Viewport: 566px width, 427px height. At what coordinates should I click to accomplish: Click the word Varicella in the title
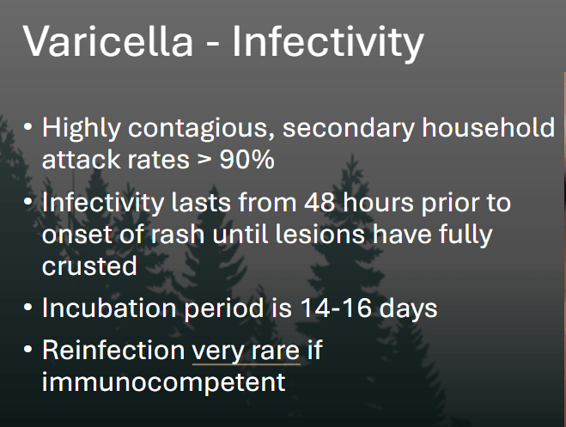108,40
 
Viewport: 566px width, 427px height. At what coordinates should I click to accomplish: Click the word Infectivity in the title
328,43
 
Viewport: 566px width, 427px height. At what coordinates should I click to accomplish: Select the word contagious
202,129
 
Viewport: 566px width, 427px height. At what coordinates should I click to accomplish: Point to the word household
488,127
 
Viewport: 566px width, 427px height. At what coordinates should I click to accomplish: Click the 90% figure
246,159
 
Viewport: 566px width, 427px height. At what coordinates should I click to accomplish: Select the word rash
178,234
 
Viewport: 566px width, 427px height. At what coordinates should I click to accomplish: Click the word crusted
89,265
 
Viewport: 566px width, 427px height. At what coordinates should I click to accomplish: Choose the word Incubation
109,308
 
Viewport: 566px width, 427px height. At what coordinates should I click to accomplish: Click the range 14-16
336,308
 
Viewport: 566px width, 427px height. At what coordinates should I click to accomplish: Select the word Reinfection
113,350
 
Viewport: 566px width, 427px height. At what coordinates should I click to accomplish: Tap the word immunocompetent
164,382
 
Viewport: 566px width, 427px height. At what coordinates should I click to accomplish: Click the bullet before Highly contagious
27,127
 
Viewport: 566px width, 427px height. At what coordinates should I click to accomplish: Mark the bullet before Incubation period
27,308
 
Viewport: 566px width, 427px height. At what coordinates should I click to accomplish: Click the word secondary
349,129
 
